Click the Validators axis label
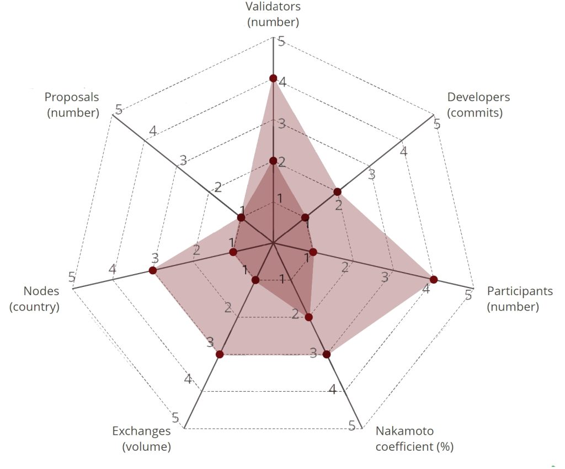[273, 15]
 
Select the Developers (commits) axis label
[478, 105]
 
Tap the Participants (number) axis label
[519, 299]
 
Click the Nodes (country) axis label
[34, 299]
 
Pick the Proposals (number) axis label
[72, 105]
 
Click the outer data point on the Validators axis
[273, 78]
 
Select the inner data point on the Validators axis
[273, 161]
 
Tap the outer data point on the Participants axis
[434, 279]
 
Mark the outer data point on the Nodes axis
[153, 270]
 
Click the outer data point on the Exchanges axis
[220, 354]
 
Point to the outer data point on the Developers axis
[338, 191]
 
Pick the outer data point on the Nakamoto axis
[327, 354]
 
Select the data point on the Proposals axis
[241, 218]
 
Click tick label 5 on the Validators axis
[281, 41]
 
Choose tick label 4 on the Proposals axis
[153, 131]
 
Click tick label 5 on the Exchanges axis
[175, 417]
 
